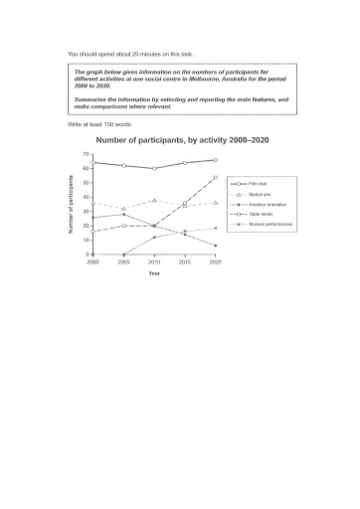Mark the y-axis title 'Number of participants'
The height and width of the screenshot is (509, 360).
coord(71,205)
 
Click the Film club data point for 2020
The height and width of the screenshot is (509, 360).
coord(215,160)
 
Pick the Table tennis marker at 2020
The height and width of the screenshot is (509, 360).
coord(215,178)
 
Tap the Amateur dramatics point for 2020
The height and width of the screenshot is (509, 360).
coord(215,246)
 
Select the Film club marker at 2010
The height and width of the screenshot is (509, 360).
coord(153,168)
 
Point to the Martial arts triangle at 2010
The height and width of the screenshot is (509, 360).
coord(153,200)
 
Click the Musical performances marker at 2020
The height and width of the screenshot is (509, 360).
coord(215,228)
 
